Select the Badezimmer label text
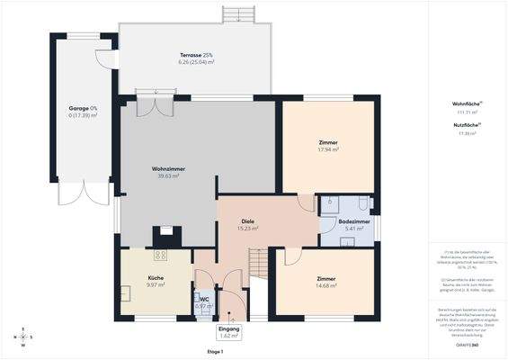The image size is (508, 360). click(353, 220)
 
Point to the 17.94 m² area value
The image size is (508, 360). click(327, 149)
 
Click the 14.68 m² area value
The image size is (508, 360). click(325, 285)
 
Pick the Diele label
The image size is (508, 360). click(247, 220)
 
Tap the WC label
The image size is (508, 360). click(204, 299)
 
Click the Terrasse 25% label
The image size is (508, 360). click(195, 56)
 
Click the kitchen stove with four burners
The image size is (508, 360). click(166, 235)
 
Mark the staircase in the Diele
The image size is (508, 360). click(258, 263)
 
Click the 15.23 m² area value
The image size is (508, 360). click(247, 229)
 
